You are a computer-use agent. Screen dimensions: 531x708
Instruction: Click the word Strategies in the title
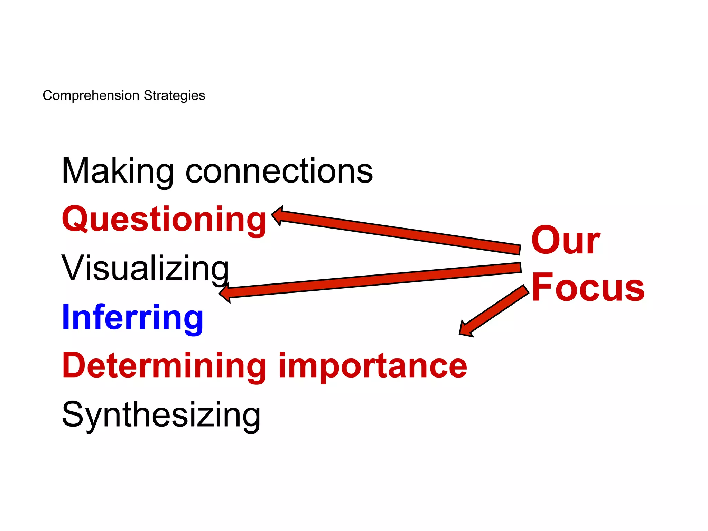click(174, 95)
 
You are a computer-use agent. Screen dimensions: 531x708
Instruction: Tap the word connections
click(279, 171)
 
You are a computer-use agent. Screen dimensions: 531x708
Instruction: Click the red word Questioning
click(164, 220)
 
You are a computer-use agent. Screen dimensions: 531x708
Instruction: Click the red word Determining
click(164, 366)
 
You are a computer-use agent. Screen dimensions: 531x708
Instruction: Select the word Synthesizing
click(161, 415)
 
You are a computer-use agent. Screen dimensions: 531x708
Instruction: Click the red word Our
click(566, 240)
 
